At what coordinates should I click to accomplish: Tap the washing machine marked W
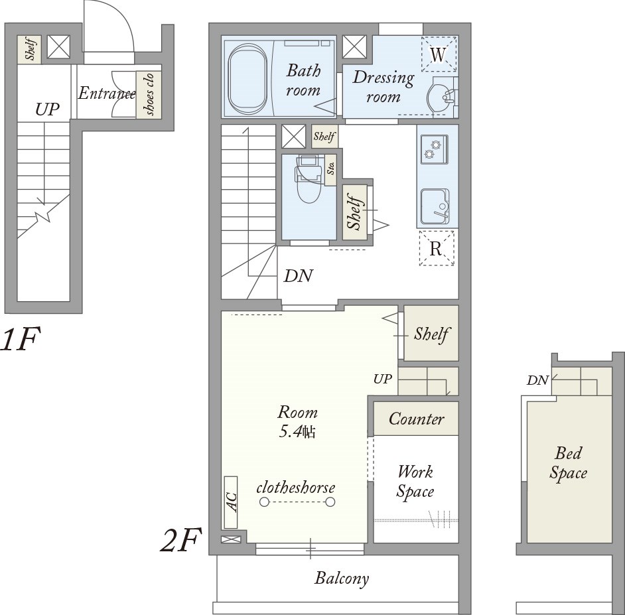point(439,54)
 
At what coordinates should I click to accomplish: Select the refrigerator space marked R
point(437,249)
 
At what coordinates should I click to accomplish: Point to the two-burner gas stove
point(434,149)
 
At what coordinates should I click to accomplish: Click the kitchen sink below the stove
point(435,206)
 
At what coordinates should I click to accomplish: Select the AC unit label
point(231,502)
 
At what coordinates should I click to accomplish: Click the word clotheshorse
point(295,488)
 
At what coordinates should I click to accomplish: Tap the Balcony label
point(342,579)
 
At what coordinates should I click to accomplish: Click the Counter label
point(416,419)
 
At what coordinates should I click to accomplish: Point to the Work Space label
point(415,482)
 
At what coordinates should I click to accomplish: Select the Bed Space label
point(568,463)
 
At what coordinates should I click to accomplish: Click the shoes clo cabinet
point(149,94)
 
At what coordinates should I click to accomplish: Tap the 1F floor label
point(20,339)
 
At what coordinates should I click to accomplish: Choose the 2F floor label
point(180,540)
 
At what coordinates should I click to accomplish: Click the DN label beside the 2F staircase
point(298,276)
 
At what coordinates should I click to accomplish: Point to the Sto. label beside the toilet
point(330,169)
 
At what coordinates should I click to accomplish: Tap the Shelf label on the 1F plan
point(29,49)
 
